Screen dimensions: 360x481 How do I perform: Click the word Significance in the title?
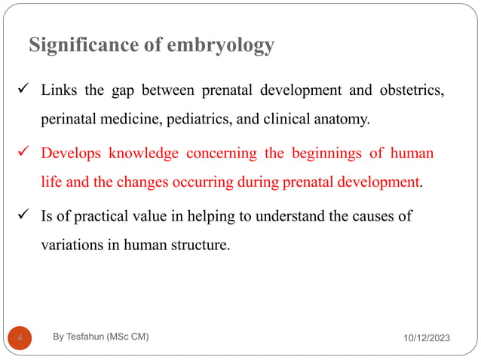84,47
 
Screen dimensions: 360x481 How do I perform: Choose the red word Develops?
72,154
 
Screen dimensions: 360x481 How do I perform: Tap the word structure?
194,245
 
